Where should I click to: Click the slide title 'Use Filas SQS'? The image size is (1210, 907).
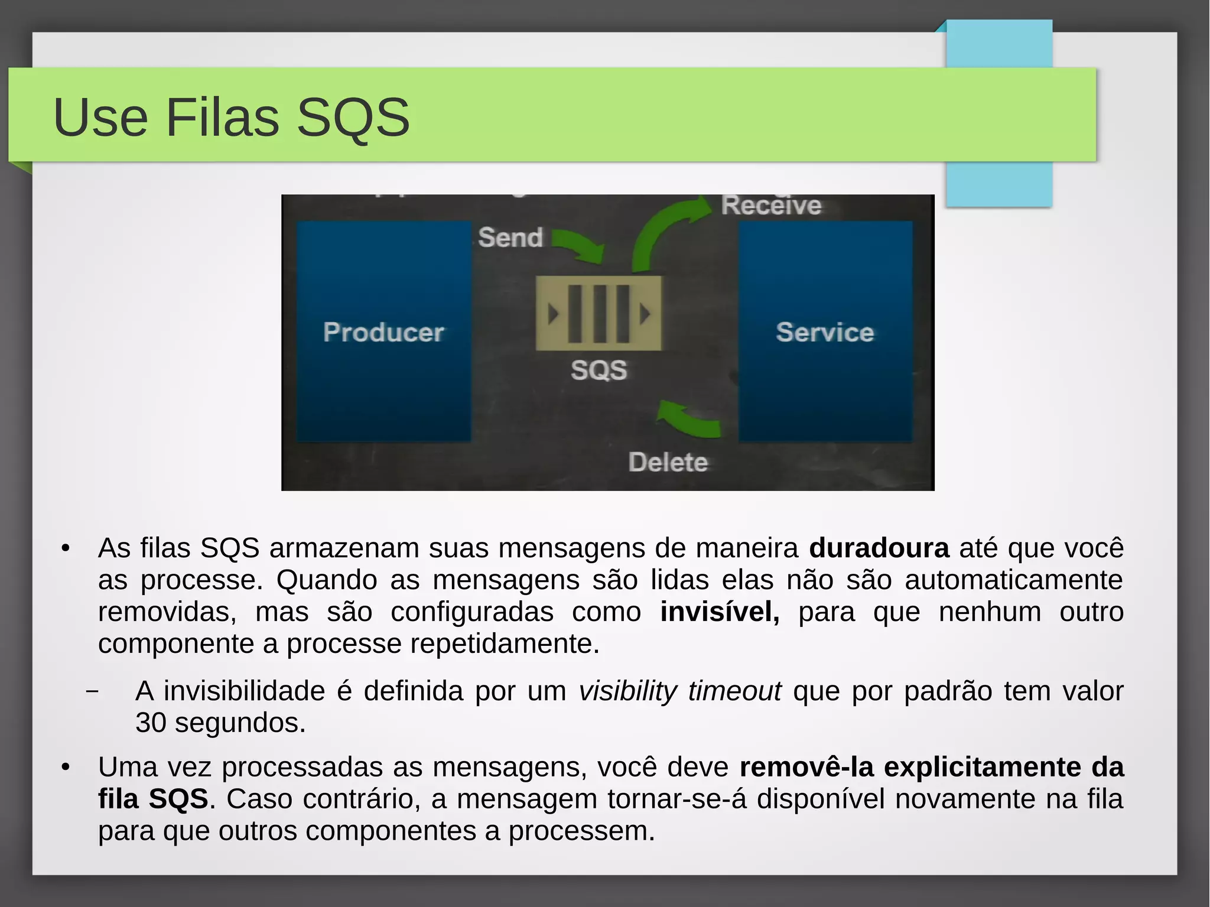(231, 117)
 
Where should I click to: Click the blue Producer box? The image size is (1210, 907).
(383, 331)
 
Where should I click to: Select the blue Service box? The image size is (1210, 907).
(825, 331)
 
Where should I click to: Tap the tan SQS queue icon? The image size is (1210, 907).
(599, 313)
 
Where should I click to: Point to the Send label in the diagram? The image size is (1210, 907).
(510, 238)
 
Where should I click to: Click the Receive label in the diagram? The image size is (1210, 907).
(771, 206)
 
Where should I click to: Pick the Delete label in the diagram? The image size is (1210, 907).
(668, 462)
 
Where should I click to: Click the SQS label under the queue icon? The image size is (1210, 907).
(599, 370)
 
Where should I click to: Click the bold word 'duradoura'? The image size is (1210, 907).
(879, 548)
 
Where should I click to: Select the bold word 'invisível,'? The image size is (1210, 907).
(720, 612)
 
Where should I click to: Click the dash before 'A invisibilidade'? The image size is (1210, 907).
(92, 691)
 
